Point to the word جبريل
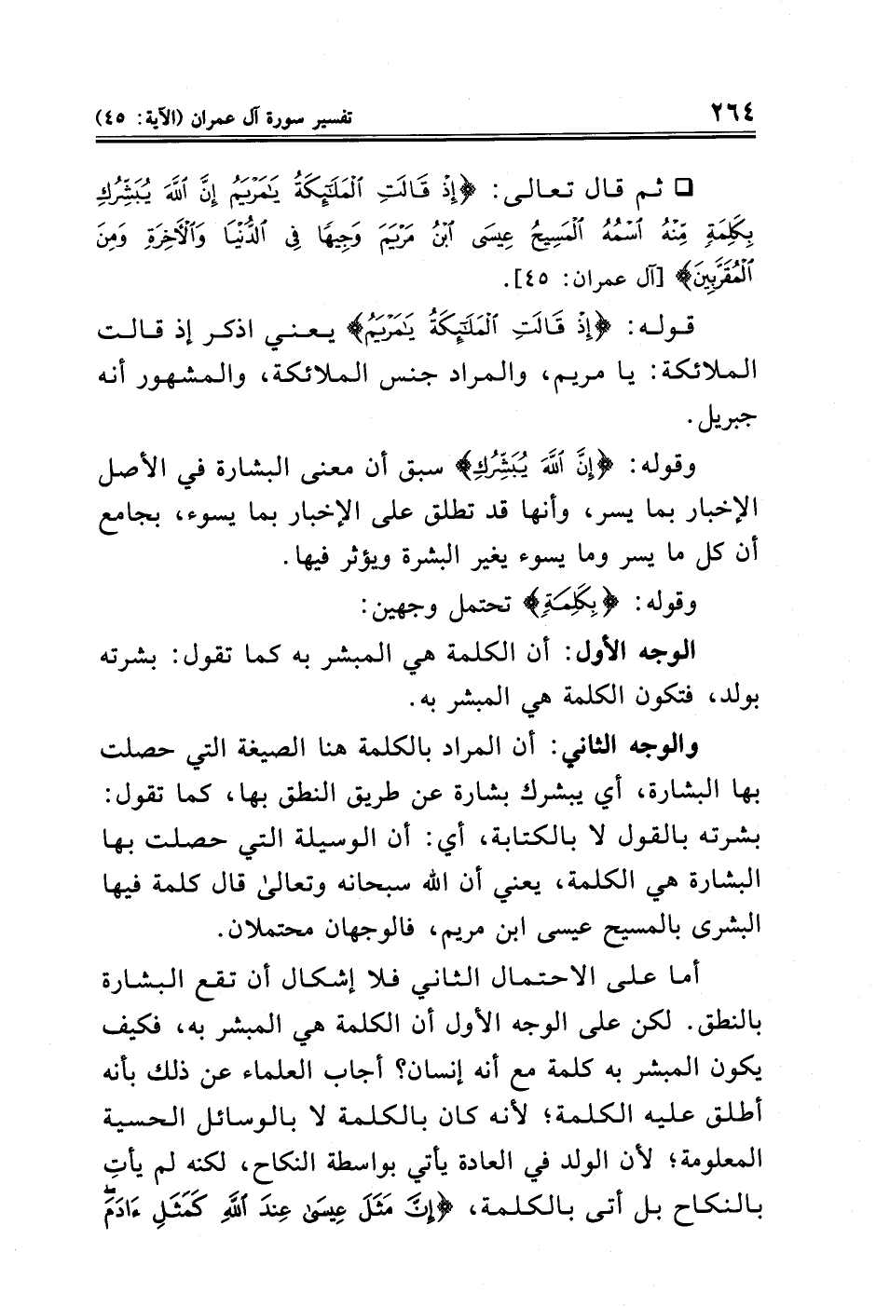tap(730, 420)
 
